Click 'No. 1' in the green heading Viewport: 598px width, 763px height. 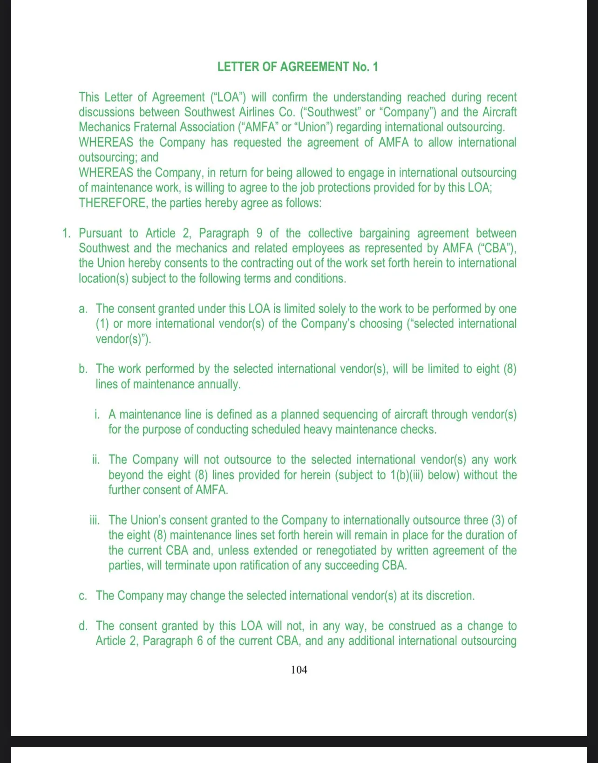pos(365,67)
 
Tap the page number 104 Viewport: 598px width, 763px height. pos(299,670)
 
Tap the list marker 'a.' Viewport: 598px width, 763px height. pos(83,309)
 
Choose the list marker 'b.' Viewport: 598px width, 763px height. pos(83,369)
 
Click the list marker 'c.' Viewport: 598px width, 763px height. pos(83,596)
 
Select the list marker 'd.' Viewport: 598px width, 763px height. pos(83,626)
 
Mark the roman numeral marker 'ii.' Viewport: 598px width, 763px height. pos(96,460)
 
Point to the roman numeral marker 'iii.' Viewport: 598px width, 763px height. pos(95,520)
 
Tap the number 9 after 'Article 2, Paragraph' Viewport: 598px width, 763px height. pos(259,233)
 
